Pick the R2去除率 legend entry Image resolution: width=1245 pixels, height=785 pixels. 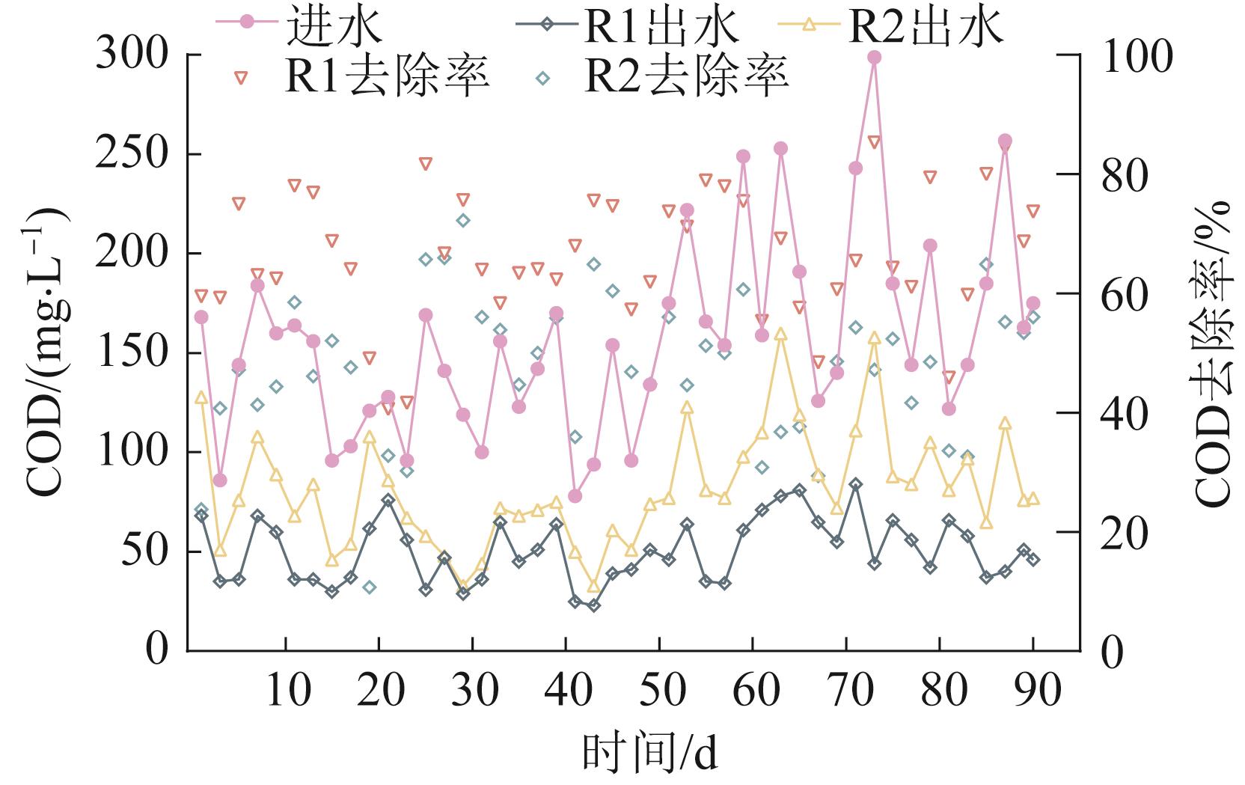click(666, 76)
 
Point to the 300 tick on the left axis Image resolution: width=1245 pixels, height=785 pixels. click(132, 55)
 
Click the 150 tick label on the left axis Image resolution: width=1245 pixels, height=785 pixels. click(132, 353)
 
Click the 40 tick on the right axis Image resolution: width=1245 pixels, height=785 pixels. click(1126, 413)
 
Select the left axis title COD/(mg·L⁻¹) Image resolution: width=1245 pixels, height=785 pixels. click(46, 352)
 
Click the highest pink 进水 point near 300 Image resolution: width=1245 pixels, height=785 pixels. click(874, 57)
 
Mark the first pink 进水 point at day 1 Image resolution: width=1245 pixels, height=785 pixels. click(201, 317)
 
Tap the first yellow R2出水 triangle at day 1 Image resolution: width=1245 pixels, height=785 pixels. click(201, 397)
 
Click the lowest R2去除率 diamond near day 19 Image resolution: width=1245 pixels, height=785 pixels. click(369, 587)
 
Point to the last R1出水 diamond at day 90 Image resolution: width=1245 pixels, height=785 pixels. click(1033, 559)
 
